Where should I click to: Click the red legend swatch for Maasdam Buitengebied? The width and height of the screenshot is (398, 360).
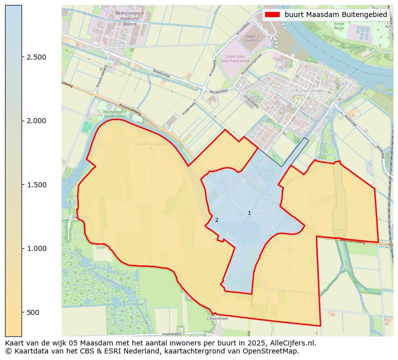pos(273,15)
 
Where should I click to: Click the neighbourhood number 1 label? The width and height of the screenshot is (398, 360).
pos(249,213)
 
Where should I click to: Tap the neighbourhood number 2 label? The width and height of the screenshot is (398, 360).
pos(217,220)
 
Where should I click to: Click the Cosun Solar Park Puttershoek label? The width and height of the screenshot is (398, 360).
pos(237,60)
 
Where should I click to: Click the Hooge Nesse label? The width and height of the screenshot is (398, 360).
pos(339,26)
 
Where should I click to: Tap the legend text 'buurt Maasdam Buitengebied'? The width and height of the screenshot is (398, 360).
pos(336,15)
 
